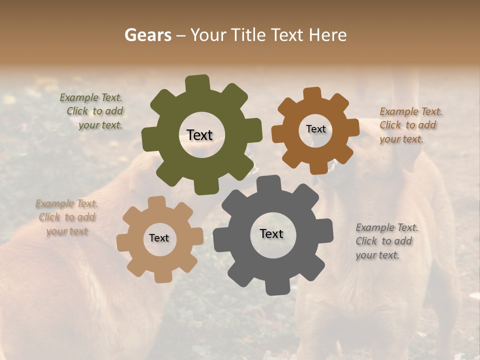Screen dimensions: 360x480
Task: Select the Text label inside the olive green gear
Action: (199, 135)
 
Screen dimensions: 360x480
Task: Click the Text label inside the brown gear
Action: (315, 129)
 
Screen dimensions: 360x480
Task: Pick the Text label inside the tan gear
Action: (159, 238)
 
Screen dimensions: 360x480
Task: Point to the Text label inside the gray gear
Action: (271, 233)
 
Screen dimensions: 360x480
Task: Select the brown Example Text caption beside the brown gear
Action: (410, 125)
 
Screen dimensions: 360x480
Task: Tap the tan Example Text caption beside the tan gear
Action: (66, 217)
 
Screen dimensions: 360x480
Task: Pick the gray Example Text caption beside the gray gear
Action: (386, 241)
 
